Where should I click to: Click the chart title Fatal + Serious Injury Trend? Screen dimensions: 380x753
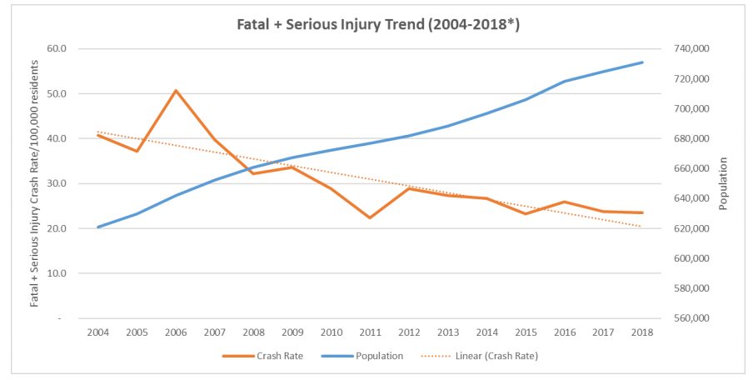click(376, 24)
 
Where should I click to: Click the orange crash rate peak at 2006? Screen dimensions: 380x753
click(176, 90)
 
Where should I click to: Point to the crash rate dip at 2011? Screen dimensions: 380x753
click(369, 217)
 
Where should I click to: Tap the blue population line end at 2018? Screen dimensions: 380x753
click(641, 62)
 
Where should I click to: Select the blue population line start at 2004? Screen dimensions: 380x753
click(99, 227)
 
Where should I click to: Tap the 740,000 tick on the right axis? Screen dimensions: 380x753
click(691, 48)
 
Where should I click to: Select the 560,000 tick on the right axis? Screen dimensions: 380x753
click(691, 318)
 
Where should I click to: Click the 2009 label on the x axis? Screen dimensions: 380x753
click(292, 332)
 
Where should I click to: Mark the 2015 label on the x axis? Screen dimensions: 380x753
click(525, 332)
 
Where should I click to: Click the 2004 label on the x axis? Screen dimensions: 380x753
click(99, 332)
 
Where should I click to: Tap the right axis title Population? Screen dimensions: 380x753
click(724, 183)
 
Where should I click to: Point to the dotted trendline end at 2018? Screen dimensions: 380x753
click(641, 227)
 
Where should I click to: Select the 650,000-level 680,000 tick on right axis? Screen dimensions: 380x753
click(691, 138)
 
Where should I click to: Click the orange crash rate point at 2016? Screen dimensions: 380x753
click(564, 202)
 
